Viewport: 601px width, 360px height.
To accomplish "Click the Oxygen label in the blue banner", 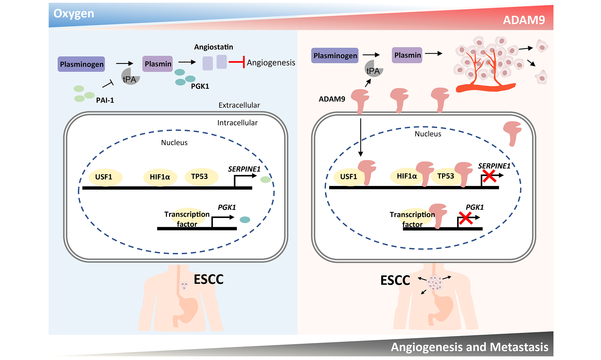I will pos(74,14).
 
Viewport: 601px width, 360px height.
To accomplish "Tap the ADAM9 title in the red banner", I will pos(524,20).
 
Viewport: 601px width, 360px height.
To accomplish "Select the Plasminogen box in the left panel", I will pos(81,64).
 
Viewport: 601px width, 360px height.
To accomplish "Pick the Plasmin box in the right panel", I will pos(407,55).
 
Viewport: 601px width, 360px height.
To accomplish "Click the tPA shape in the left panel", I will pos(130,77).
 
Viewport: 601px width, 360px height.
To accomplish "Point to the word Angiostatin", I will pos(213,47).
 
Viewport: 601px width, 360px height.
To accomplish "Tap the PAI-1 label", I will pos(105,100).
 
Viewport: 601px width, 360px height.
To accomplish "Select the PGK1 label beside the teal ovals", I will pos(200,86).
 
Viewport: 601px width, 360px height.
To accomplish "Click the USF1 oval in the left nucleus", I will pos(104,177).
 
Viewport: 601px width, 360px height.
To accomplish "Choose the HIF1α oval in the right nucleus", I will pos(406,176).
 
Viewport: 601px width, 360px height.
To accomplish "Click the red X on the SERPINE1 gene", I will pos(489,176).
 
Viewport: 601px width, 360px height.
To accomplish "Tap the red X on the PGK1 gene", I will pos(465,218).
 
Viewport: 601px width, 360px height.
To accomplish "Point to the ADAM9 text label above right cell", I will pos(332,99).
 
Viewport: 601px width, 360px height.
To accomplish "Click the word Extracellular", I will pos(239,105).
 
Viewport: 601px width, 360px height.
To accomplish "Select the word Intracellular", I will pos(237,123).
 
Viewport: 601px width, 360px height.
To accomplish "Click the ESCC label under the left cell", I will pos(208,279).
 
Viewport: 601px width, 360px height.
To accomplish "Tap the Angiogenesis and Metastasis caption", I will pos(469,347).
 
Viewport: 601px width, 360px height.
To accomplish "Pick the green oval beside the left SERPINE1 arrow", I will pos(265,180).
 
